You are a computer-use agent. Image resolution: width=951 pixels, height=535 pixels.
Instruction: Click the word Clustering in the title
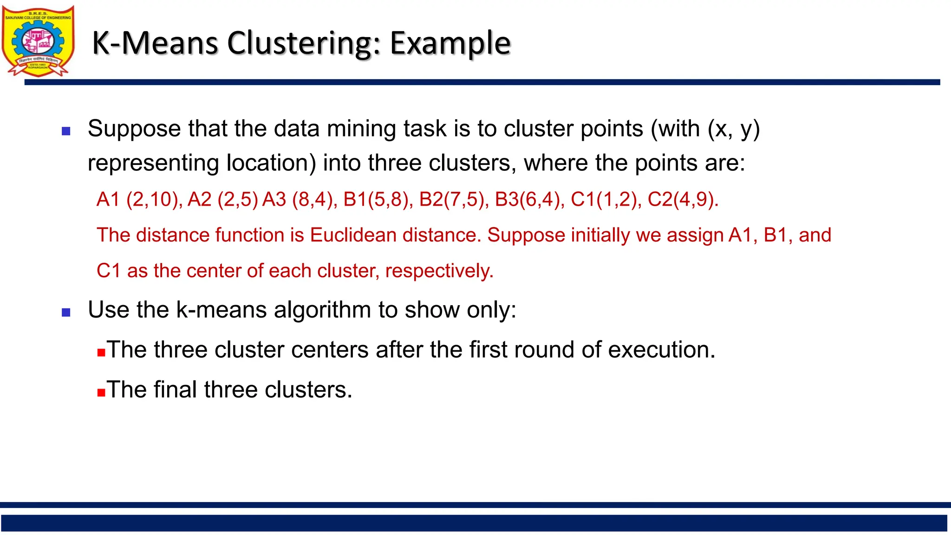tap(303, 43)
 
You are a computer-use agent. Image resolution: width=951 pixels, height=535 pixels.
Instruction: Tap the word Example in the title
tap(450, 43)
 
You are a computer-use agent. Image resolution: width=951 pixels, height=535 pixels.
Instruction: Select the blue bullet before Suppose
tap(66, 131)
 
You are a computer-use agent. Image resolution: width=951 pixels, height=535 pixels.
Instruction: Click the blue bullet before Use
tap(66, 313)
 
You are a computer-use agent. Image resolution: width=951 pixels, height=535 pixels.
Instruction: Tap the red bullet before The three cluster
tap(101, 352)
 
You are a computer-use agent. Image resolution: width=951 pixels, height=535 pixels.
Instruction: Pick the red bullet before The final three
tap(101, 392)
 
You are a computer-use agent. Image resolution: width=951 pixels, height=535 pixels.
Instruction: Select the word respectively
tap(439, 271)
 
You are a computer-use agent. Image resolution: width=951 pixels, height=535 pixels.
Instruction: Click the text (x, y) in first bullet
tap(734, 129)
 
